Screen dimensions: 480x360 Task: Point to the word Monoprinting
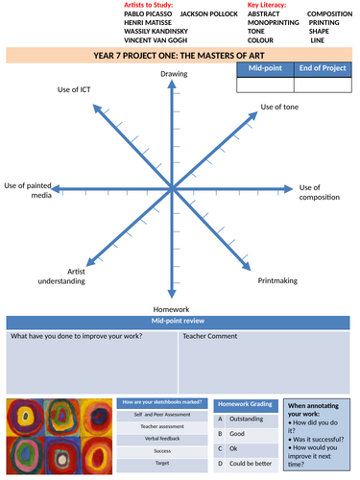pos(272,23)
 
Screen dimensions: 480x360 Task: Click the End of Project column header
pos(324,69)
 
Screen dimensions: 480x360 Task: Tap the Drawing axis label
pos(174,74)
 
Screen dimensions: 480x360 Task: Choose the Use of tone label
pos(280,107)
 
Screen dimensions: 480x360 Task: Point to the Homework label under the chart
pos(173,309)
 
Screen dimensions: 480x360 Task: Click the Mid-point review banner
pos(179,322)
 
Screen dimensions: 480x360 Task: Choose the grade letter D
pos(220,463)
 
